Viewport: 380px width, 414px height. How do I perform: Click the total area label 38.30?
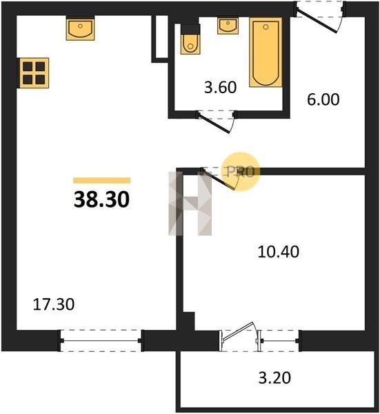tap(101, 199)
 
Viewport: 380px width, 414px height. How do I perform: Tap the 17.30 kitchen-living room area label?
tap(54, 304)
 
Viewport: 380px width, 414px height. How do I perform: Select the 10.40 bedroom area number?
tap(278, 252)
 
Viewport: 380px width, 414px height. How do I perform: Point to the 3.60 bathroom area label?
tap(220, 88)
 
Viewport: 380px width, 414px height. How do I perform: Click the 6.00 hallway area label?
tap(323, 99)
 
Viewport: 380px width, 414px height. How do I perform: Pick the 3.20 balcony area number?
tap(274, 377)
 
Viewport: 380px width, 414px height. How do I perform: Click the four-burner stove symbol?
tap(34, 73)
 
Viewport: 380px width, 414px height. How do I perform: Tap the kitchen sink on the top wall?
tap(80, 28)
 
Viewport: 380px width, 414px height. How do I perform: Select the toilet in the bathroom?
tap(190, 39)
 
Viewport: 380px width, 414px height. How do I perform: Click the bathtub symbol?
tap(266, 52)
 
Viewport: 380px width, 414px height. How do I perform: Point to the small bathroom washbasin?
tap(228, 26)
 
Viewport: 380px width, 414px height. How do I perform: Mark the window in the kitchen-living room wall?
tap(101, 341)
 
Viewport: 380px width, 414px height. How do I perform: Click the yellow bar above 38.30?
tap(102, 180)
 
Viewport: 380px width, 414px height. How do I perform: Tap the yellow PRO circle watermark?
tap(241, 172)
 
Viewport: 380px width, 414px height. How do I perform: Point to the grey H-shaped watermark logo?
tap(190, 204)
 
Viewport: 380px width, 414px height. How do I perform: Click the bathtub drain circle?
tap(266, 27)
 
